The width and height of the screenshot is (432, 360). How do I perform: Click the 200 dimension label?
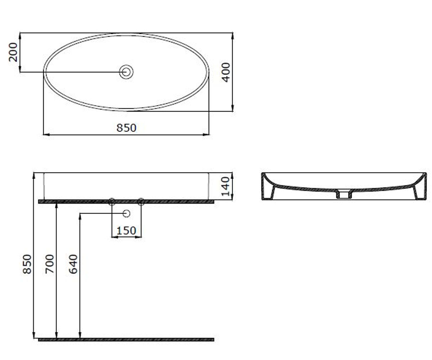(x=13, y=52)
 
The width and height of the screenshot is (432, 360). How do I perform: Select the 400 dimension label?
(x=226, y=72)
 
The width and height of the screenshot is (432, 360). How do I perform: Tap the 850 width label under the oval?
(x=126, y=128)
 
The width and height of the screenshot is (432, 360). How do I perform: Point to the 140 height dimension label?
(x=225, y=186)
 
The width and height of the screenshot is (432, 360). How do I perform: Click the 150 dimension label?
(x=126, y=231)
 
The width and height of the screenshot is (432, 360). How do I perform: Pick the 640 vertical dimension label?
(x=73, y=264)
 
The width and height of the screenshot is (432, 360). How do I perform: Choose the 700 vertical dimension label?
(x=50, y=264)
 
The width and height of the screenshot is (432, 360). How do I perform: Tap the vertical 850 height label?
(x=27, y=264)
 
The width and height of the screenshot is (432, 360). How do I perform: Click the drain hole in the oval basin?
(x=126, y=72)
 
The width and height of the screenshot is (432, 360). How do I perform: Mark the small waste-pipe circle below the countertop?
(x=126, y=213)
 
